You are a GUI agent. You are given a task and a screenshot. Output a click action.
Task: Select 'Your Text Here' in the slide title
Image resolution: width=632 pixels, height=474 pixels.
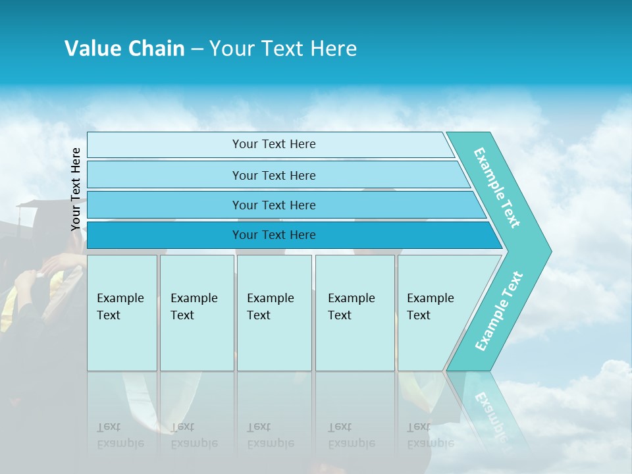283,49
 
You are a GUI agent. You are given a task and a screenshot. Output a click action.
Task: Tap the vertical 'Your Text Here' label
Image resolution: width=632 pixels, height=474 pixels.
76,189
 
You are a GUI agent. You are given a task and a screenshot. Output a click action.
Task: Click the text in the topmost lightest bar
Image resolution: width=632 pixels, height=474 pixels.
274,144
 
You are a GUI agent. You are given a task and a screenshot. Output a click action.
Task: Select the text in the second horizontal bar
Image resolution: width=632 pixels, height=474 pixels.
274,176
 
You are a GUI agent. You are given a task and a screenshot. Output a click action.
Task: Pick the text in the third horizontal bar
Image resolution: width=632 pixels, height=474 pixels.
274,205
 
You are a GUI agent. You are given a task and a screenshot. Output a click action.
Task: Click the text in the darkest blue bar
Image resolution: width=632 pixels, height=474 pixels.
274,235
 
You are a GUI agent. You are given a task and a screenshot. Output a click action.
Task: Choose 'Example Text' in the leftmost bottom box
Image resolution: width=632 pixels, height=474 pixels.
120,307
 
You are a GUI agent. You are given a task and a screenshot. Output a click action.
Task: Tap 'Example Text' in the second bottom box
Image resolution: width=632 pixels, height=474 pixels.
194,307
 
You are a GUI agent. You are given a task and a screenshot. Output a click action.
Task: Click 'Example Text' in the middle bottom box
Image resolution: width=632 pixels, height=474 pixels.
270,307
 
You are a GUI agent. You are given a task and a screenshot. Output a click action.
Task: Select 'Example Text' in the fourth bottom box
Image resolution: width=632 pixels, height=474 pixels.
351,307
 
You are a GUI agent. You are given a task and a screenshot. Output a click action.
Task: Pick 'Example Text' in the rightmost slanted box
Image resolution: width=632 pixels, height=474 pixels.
430,307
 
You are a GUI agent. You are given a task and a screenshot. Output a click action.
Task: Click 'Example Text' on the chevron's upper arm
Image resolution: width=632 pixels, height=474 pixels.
497,188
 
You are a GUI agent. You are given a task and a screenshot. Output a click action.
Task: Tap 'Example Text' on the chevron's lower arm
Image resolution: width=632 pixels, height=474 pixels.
499,311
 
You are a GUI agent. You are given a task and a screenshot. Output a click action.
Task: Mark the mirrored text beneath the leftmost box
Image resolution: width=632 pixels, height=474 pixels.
120,435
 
